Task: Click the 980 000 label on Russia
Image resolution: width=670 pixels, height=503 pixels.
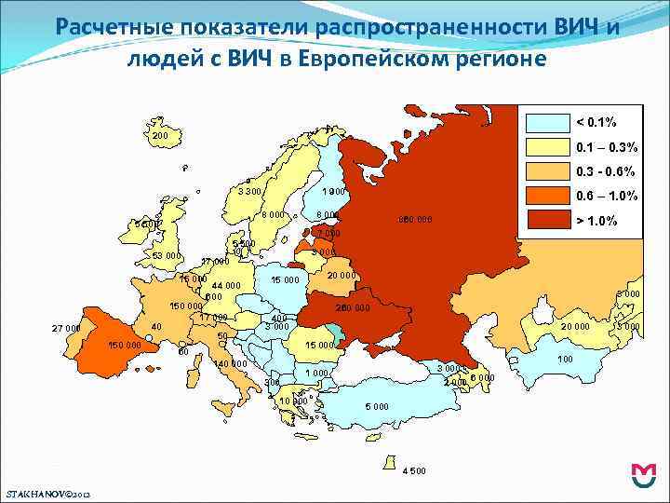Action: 415,221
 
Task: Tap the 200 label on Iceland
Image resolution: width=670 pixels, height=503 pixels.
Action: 160,136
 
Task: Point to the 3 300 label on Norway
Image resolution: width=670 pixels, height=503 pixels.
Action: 249,192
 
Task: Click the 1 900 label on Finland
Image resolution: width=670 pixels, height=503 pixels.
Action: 333,192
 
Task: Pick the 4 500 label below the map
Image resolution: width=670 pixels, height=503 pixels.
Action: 414,469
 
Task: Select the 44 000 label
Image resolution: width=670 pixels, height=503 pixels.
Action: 226,286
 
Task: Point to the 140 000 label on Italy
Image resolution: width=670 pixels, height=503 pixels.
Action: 231,363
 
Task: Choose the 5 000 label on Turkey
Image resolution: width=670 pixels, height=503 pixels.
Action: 377,407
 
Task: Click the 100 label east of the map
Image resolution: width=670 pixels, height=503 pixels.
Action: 565,359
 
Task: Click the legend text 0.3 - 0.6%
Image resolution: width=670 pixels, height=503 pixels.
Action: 606,172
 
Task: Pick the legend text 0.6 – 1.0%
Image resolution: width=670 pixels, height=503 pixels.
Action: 607,196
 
